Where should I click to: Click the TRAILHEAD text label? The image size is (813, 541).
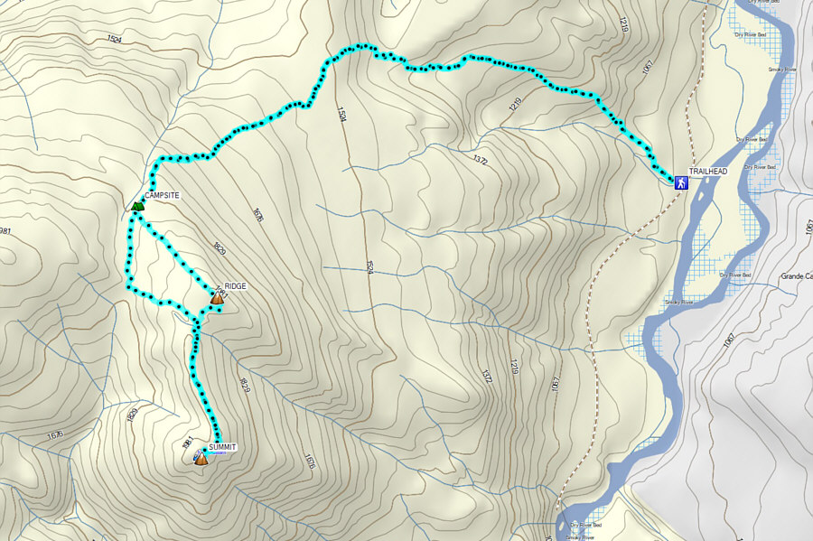(707, 171)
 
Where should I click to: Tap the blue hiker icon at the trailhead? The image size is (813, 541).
(680, 182)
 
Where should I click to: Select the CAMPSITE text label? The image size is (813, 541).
(163, 195)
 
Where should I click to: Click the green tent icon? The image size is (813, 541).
(137, 206)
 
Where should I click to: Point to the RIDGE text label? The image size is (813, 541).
(236, 285)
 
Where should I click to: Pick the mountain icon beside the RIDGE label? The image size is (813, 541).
(217, 295)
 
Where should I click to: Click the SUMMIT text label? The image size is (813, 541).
(222, 447)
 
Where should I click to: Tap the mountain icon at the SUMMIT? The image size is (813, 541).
(201, 459)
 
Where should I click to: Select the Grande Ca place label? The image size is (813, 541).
(796, 276)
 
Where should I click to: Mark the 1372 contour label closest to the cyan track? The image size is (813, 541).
(480, 161)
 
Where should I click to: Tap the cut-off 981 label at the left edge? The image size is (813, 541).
(5, 231)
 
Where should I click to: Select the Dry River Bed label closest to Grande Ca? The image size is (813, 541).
(736, 274)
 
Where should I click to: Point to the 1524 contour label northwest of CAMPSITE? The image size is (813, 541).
(114, 39)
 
